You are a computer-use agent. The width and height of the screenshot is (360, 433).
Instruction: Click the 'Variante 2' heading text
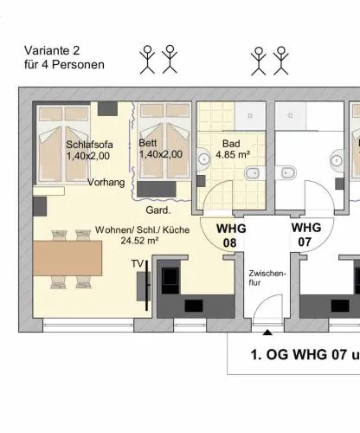click(x=52, y=50)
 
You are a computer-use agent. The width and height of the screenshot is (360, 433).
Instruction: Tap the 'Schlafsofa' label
click(x=89, y=145)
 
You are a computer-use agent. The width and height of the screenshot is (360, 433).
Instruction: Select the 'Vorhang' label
click(x=106, y=183)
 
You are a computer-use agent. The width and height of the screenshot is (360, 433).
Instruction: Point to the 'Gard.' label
click(x=158, y=210)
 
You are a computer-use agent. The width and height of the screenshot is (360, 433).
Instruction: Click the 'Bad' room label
click(x=231, y=144)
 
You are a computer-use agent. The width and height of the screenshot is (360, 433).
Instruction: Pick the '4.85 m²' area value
click(x=233, y=155)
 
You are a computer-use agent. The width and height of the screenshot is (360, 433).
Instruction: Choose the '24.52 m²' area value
click(x=139, y=241)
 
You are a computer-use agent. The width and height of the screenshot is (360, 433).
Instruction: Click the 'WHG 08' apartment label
click(x=231, y=236)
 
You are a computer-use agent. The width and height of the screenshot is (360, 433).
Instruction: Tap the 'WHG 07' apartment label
click(x=306, y=235)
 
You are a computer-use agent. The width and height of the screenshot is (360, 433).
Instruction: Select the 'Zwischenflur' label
click(x=267, y=278)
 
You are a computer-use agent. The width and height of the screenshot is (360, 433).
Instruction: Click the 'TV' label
click(x=138, y=264)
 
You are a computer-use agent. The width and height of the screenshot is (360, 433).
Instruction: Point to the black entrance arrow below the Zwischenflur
click(x=267, y=333)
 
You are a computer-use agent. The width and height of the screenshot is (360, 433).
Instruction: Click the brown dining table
click(x=67, y=258)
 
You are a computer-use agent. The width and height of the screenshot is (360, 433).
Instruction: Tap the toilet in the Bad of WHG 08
click(x=255, y=173)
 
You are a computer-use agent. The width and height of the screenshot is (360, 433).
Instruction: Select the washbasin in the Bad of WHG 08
click(x=203, y=158)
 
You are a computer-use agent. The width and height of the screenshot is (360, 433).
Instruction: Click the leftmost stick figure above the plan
click(x=147, y=60)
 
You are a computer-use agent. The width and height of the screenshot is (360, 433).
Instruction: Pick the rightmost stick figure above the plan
click(x=280, y=61)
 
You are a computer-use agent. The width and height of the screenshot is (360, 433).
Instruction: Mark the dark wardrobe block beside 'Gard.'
click(x=157, y=190)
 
